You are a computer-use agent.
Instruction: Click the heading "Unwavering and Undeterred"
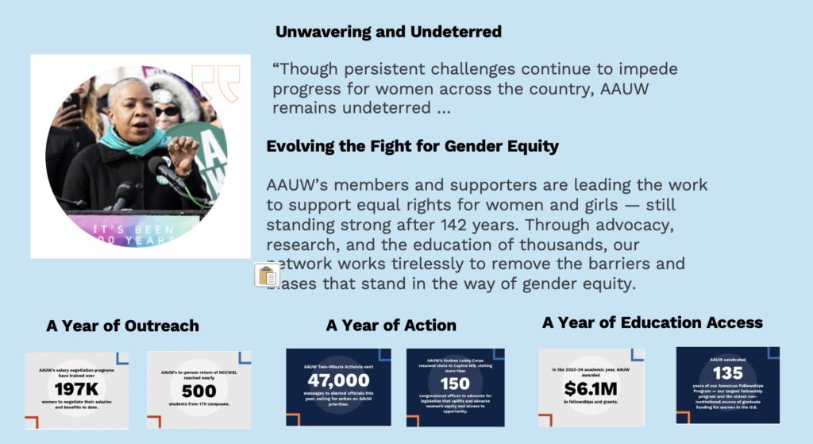[388, 33]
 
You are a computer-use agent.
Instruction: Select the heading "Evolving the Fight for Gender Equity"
[412, 146]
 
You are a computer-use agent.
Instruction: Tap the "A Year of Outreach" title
[122, 326]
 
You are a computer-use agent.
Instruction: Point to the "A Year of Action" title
[391, 326]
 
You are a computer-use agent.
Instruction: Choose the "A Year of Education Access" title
[652, 322]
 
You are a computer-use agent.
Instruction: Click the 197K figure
[76, 388]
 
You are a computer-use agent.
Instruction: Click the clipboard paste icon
[268, 276]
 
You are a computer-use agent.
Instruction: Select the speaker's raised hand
[185, 149]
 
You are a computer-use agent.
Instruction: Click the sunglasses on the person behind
[167, 111]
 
